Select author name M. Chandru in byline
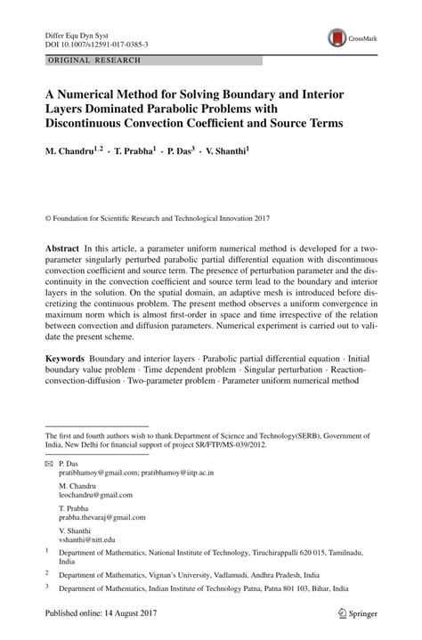[x=70, y=152]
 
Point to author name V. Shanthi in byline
[x=220, y=152]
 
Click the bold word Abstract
[x=62, y=246]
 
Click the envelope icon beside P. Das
[x=49, y=465]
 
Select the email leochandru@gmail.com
[x=95, y=495]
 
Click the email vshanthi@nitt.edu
[x=87, y=539]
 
